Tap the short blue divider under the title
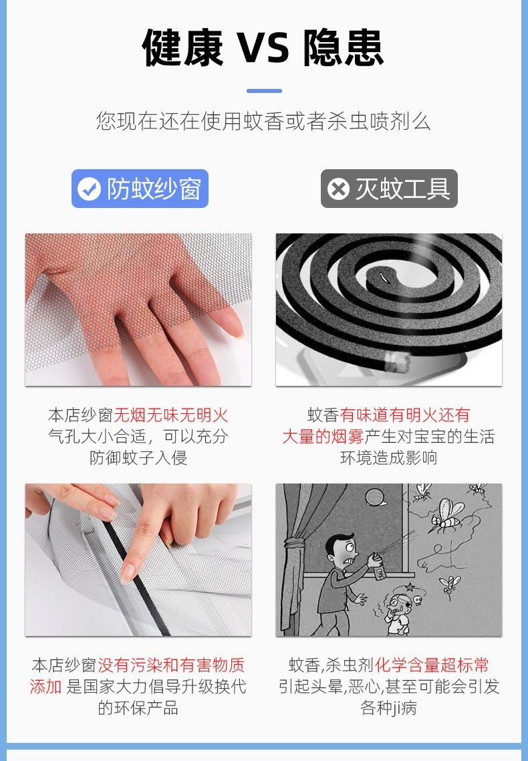click(x=264, y=91)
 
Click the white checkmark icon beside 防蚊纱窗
click(x=89, y=189)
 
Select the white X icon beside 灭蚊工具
click(x=338, y=189)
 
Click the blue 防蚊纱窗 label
click(x=140, y=189)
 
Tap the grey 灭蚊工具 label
click(x=390, y=189)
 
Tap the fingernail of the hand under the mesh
click(x=237, y=332)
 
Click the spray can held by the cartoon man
click(x=380, y=568)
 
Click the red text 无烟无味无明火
click(x=170, y=415)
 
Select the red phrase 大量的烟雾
click(x=323, y=437)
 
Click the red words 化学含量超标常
click(x=432, y=665)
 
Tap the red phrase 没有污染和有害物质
click(x=171, y=665)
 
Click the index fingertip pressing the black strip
click(x=128, y=573)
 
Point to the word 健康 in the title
click(x=182, y=48)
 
